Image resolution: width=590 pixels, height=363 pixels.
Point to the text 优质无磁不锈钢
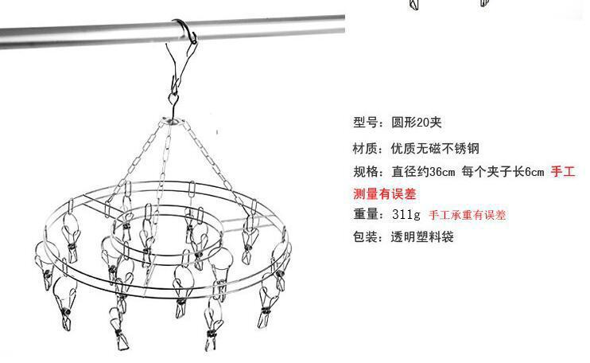click(434, 149)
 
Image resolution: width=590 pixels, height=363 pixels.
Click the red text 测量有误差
click(385, 193)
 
